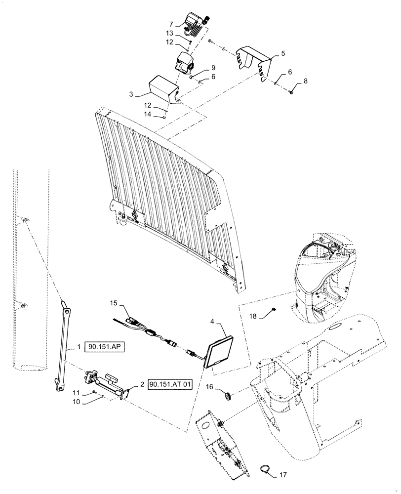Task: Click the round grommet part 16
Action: click(x=229, y=395)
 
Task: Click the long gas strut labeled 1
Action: click(x=62, y=348)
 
